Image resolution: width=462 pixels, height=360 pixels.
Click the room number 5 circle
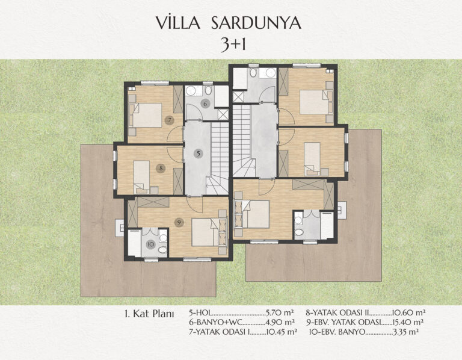click(199, 154)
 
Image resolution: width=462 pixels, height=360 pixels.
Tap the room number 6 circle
click(205, 104)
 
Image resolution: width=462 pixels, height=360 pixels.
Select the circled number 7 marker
click(170, 120)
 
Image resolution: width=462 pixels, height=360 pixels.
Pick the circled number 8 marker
click(161, 169)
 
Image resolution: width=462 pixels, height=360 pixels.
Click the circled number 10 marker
click(151, 244)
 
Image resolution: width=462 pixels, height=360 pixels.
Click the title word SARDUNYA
click(256, 23)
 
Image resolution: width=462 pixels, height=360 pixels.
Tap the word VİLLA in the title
click(178, 23)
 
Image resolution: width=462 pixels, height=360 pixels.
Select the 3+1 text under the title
click(233, 45)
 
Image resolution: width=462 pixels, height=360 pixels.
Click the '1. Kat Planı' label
click(149, 314)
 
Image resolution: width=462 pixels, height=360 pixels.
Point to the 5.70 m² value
click(280, 312)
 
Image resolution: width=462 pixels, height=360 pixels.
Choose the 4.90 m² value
click(280, 321)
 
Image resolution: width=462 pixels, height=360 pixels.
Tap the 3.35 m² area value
click(406, 332)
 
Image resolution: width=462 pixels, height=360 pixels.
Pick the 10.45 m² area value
click(281, 332)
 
